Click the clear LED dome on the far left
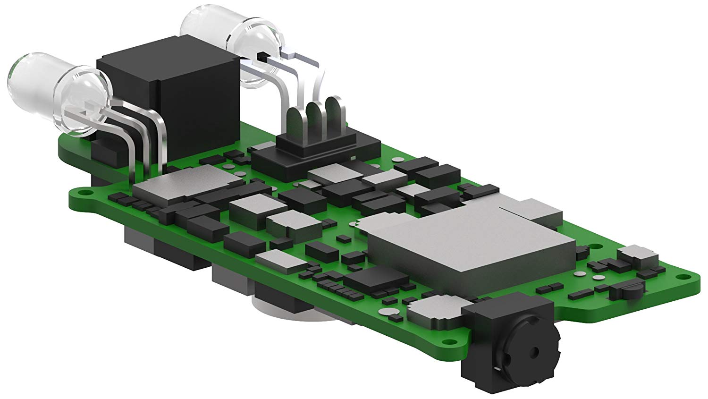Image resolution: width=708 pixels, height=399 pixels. pos(33,90)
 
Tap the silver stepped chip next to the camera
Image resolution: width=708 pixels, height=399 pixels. pos(434,312)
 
